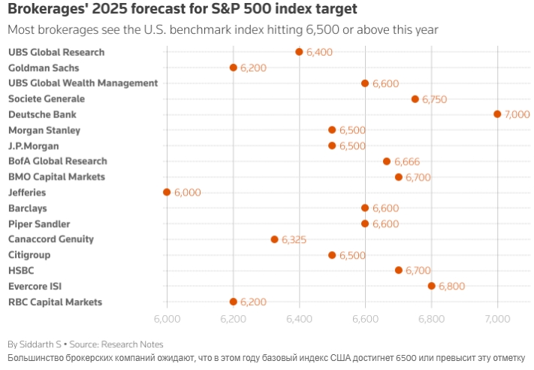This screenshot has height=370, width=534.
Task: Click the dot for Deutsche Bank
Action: tap(497, 114)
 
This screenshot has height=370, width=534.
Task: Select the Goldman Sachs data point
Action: tap(233, 68)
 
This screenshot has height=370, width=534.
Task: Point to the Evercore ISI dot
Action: tap(431, 286)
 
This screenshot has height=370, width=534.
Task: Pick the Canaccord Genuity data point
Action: tap(274, 239)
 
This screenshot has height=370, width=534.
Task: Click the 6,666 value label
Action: tap(406, 162)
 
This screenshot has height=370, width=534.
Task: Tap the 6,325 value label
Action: tap(294, 240)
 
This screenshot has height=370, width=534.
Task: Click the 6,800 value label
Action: tap(451, 287)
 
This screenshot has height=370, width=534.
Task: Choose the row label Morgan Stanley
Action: tap(44, 130)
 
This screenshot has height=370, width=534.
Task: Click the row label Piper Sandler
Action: tap(39, 223)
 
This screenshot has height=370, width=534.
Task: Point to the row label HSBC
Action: tap(21, 270)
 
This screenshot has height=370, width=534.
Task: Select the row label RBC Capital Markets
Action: tap(55, 302)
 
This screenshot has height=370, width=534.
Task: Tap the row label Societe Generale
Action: tap(47, 99)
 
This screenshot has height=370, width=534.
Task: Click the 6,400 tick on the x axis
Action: tap(300, 319)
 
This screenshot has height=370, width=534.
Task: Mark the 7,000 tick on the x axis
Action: tap(497, 319)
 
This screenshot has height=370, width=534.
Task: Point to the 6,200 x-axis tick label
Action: tap(234, 319)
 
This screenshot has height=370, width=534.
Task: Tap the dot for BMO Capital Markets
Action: tap(398, 177)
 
